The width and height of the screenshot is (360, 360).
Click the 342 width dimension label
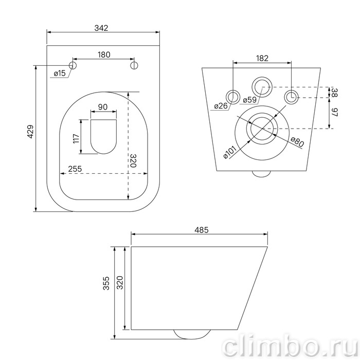[x=101, y=28]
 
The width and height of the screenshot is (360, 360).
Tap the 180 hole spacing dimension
[x=104, y=55]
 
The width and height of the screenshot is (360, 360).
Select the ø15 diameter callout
[x=60, y=74]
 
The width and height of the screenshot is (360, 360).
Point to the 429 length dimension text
[x=30, y=132]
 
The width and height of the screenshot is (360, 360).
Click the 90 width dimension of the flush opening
[x=103, y=107]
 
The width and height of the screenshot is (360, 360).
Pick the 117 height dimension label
[x=76, y=138]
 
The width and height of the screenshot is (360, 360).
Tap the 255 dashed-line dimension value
[x=75, y=169]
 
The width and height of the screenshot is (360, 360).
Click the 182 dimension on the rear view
[x=262, y=58]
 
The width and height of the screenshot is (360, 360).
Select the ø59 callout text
[x=249, y=100]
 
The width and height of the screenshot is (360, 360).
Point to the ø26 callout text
[x=221, y=106]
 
